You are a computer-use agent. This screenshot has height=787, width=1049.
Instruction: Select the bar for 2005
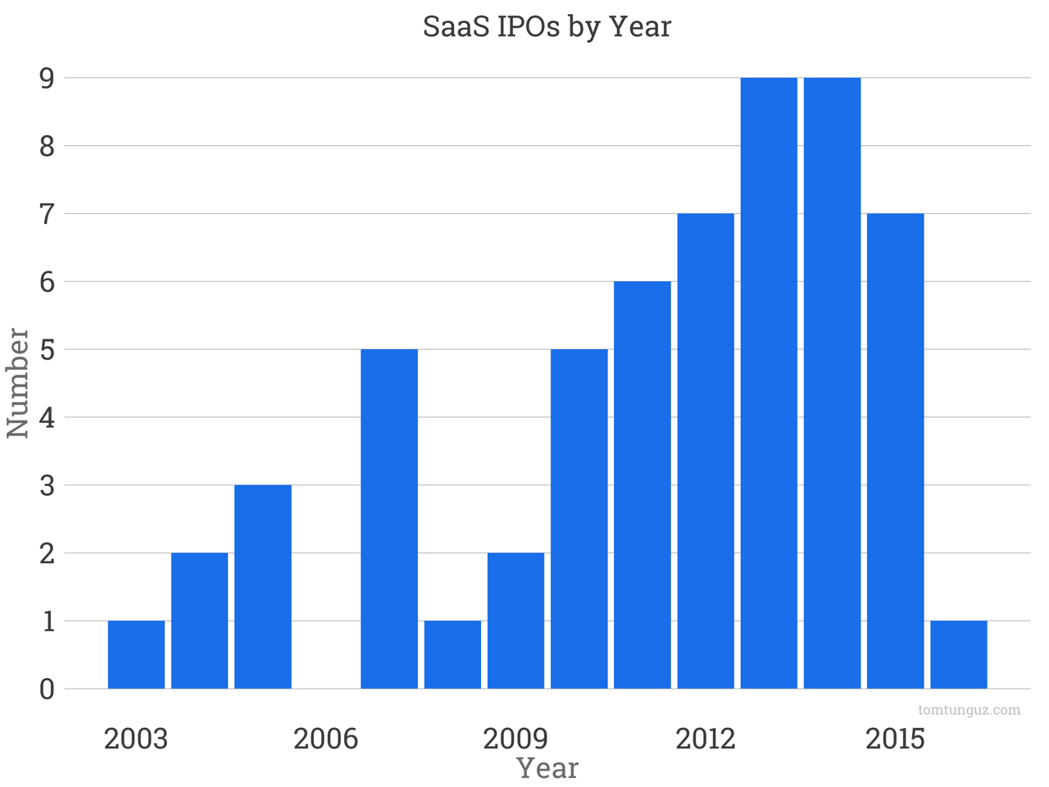263,586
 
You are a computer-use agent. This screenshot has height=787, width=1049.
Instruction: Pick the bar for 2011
643,484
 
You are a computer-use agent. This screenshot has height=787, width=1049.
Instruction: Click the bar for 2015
895,451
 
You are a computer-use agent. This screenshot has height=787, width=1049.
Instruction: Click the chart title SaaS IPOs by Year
547,26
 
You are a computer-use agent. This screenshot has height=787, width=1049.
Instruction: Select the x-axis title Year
547,768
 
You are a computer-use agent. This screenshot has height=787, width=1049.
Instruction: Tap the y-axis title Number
18,383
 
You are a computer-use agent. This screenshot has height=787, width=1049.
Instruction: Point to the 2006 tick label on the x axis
325,739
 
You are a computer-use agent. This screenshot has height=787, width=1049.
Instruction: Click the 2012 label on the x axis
705,739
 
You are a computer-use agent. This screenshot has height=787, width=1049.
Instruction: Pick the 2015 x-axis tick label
895,739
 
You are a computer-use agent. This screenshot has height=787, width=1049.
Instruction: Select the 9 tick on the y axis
47,78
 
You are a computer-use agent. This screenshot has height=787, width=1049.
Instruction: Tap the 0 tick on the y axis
47,689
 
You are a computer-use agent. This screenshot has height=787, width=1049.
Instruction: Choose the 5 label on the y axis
47,350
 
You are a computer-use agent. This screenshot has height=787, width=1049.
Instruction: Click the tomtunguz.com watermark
969,710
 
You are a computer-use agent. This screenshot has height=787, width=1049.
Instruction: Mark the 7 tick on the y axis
47,214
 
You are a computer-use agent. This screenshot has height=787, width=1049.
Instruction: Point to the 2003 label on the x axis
136,739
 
